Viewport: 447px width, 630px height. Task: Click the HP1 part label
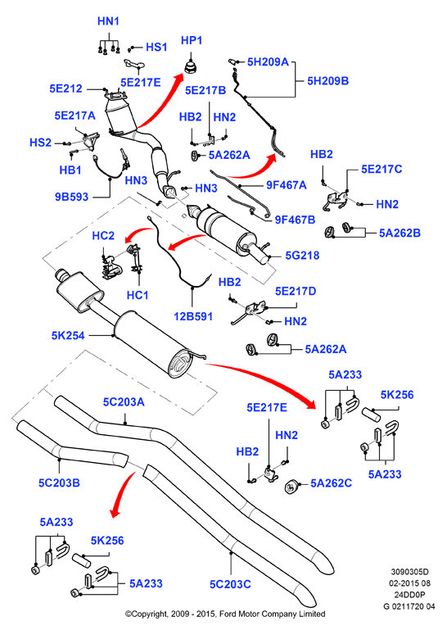pos(192,41)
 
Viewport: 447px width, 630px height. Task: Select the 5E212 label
pos(65,88)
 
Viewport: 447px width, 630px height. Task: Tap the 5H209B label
pos(327,81)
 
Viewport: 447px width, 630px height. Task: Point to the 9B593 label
pos(71,197)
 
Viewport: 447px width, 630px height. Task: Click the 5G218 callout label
pos(302,255)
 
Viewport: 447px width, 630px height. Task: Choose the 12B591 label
pos(193,316)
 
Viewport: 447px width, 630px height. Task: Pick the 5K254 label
pos(68,335)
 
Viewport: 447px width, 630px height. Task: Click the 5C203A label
pos(124,401)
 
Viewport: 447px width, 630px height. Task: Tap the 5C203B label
pos(59,483)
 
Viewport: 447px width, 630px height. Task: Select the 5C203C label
pos(230,584)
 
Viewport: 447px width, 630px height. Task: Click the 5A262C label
pos(331,483)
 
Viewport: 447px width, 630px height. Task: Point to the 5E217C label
pos(382,169)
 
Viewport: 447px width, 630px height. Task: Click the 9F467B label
pos(295,220)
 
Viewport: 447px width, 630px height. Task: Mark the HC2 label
pos(103,235)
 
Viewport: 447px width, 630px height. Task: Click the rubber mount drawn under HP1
pos(192,66)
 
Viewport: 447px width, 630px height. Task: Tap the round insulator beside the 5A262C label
pos(291,487)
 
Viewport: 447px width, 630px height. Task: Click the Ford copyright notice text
pos(225,614)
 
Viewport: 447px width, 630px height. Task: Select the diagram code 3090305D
pos(409,571)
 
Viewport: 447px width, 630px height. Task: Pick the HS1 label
pos(156,47)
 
